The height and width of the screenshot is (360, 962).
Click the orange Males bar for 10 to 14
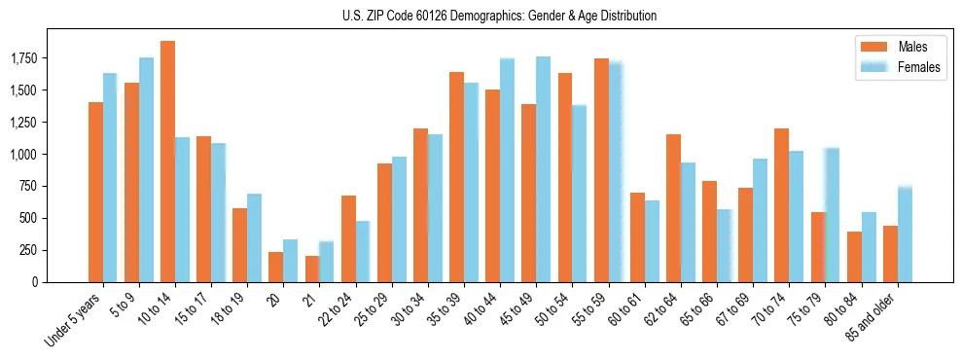point(167,162)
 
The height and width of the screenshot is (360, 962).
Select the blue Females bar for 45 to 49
point(543,169)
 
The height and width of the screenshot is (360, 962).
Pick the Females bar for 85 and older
point(905,234)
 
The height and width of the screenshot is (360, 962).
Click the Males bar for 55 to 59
point(601,170)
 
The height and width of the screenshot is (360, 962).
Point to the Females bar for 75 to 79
point(832,215)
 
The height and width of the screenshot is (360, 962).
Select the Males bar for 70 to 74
point(782,205)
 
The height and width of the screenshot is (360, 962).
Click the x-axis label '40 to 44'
point(482,311)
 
